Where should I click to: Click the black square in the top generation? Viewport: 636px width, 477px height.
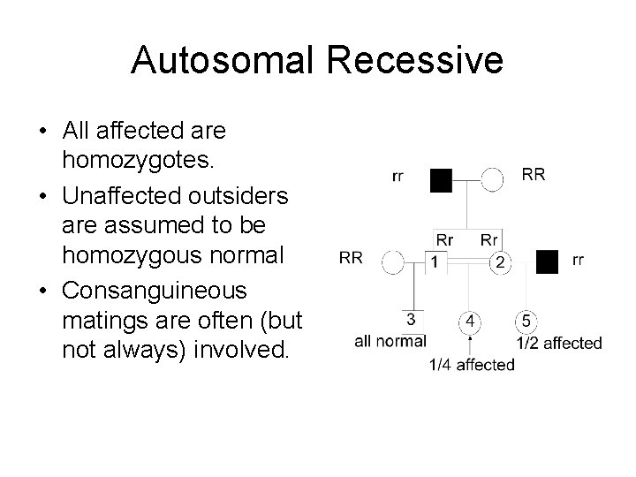tap(441, 180)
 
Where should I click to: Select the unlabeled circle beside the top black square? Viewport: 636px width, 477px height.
tap(493, 180)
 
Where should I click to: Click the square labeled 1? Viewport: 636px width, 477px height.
tap(436, 261)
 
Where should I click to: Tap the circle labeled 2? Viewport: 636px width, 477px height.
tap(500, 261)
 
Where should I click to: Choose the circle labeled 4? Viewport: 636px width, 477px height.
tap(473, 321)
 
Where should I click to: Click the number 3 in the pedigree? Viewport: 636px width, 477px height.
tap(410, 318)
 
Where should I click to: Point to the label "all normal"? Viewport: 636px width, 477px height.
tap(390, 341)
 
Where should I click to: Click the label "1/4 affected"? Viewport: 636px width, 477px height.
tap(472, 365)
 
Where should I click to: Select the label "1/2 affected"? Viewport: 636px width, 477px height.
tap(559, 343)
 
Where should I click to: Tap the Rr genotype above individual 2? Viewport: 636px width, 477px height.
tap(490, 239)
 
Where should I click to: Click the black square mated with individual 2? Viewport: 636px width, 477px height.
tap(548, 261)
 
